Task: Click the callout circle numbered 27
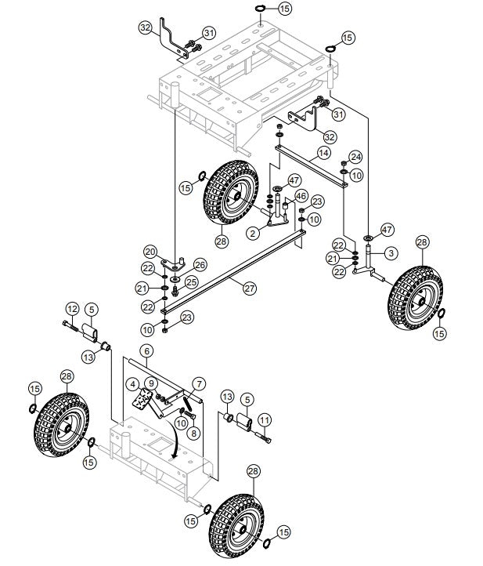click(249, 288)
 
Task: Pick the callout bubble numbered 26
click(200, 264)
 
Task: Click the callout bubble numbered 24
click(355, 156)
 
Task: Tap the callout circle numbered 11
click(265, 421)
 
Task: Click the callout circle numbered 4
click(135, 383)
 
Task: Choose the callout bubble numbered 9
click(150, 383)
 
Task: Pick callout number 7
click(200, 383)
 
